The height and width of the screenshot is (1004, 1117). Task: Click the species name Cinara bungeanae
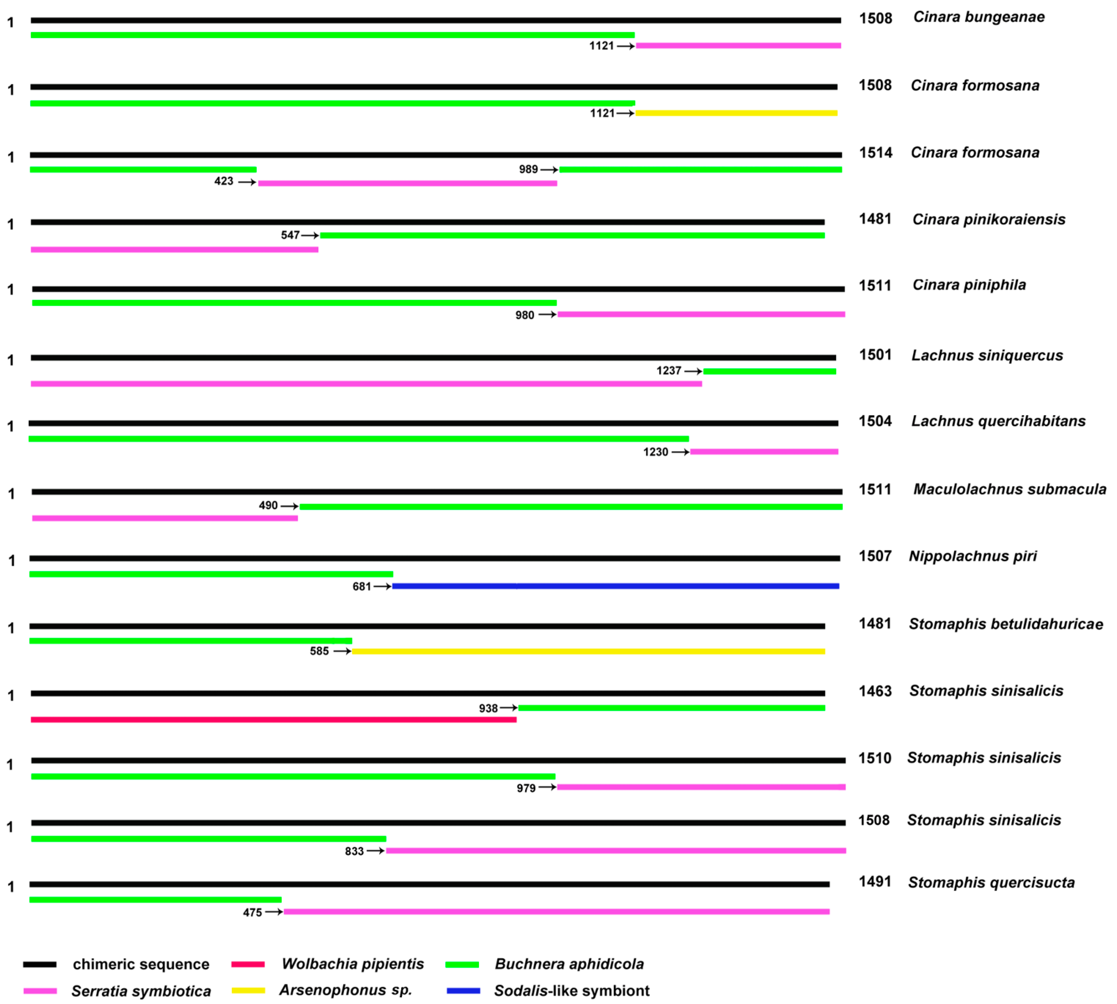[979, 17]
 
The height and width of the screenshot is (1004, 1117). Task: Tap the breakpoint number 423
[224, 181]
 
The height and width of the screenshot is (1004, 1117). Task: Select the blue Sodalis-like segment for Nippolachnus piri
[615, 586]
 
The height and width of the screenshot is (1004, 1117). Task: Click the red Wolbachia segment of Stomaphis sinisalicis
[273, 719]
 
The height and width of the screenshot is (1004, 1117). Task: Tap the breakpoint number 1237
[669, 371]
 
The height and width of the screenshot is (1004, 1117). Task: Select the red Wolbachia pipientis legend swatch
[248, 964]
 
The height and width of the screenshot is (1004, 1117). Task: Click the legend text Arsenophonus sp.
[346, 990]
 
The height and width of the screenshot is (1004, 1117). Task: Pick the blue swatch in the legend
[463, 991]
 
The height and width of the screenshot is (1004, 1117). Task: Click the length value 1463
[875, 691]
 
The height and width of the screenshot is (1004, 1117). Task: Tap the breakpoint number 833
[354, 851]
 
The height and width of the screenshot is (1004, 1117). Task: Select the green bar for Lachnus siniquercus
[770, 371]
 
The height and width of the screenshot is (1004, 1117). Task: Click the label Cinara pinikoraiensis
[989, 220]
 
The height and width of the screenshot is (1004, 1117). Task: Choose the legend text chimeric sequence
[141, 964]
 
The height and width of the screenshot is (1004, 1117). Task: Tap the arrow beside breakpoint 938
[508, 708]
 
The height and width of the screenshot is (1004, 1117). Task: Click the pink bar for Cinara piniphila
[701, 314]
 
